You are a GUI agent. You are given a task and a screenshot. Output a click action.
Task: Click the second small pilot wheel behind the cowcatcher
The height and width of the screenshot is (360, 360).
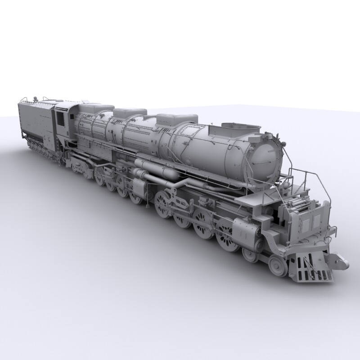(x=250, y=254)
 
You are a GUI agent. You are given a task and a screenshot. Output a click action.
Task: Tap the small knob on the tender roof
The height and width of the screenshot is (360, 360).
(x=36, y=98)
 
